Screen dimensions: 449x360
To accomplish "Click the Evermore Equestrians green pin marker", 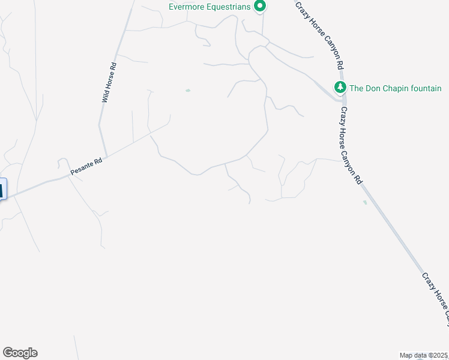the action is [x=260, y=7].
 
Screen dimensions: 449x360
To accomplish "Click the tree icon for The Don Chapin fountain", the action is [x=340, y=88].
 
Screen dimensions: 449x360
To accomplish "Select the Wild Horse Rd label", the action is [x=108, y=82].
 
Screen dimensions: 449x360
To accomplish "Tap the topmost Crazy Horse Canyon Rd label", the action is [x=319, y=35].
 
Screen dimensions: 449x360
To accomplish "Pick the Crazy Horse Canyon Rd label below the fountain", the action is [x=352, y=145].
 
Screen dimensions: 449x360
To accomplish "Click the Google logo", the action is [x=20, y=353].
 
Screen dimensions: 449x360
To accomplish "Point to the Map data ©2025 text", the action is [x=423, y=355].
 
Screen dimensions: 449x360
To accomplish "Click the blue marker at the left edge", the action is [x=2, y=189].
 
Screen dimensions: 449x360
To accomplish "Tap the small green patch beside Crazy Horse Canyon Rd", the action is [x=365, y=202].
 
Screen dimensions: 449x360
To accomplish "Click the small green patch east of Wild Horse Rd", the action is [x=188, y=91].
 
